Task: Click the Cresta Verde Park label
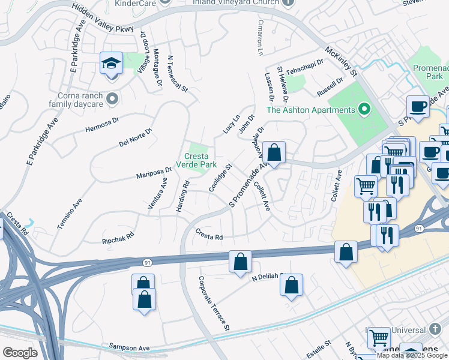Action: (196, 160)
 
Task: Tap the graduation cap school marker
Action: (112, 64)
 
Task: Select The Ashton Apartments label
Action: (310, 110)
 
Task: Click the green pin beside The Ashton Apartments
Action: (363, 109)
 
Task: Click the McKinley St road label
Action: (340, 62)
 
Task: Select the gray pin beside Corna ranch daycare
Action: (112, 98)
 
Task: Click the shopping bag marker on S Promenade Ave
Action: (274, 153)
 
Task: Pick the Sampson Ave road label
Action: (129, 347)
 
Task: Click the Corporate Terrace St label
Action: (214, 304)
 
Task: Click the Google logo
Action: (20, 353)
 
